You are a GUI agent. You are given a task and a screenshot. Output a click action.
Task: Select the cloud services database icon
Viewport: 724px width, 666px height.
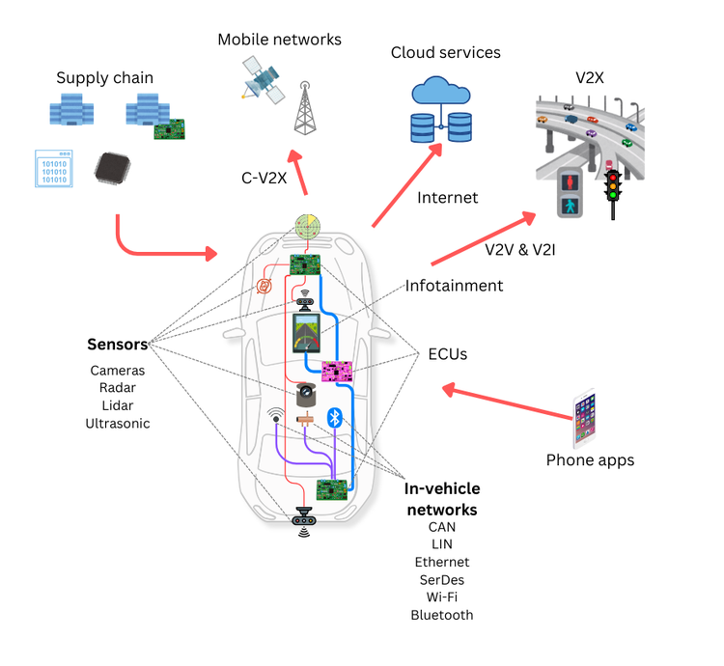click(x=442, y=110)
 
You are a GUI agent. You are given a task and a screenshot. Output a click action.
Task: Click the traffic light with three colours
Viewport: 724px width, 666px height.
click(x=612, y=194)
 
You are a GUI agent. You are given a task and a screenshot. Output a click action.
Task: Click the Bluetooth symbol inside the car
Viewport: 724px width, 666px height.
click(x=334, y=418)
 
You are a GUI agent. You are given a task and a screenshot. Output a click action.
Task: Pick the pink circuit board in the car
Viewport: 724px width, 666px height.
click(x=337, y=371)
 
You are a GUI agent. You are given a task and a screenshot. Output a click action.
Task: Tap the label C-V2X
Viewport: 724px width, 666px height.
click(x=263, y=178)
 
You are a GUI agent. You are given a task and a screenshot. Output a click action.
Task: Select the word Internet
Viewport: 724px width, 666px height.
click(x=447, y=198)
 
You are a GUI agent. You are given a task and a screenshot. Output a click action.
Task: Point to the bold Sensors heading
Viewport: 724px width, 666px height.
click(x=118, y=344)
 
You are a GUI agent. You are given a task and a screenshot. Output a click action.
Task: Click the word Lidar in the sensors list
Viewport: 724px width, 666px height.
click(x=118, y=405)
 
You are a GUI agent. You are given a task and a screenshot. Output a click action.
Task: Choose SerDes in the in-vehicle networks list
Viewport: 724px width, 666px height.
click(x=442, y=579)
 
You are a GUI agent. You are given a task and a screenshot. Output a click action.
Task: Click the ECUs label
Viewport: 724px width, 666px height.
click(x=448, y=354)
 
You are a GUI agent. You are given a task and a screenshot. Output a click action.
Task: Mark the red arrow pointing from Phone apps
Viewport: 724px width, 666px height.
click(x=508, y=403)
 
